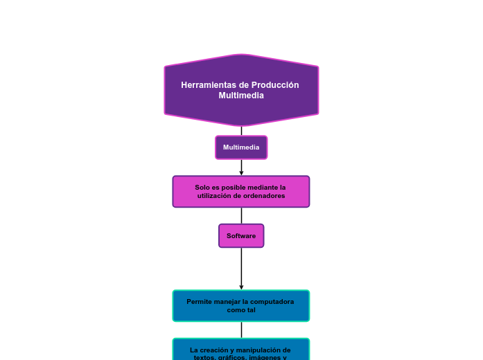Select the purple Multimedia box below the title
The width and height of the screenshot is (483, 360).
coord(241,147)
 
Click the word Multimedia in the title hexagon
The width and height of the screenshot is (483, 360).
coord(241,96)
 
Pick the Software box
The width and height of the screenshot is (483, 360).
coord(241,236)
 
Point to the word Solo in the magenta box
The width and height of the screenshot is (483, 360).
coord(202,188)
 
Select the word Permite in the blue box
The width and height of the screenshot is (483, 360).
coord(199,302)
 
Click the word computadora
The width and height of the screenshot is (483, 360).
coord(273,302)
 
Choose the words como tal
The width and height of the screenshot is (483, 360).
coord(241,310)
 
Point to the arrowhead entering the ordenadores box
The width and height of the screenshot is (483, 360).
coord(241,173)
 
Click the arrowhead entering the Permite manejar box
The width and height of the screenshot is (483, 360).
coord(241,287)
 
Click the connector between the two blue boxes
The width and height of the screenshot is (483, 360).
coord(241,330)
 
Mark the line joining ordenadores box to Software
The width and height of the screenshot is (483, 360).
coord(241,215)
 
